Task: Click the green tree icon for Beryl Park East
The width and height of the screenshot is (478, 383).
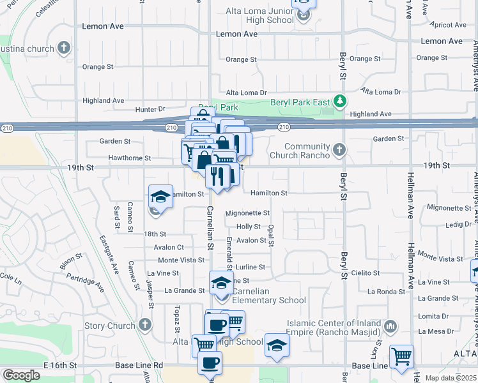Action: coord(341,101)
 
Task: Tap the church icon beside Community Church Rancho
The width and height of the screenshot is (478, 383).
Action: coord(339,151)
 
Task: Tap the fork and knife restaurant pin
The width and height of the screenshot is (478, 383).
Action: coord(217,176)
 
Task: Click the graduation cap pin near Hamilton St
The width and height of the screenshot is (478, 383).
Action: coord(161,197)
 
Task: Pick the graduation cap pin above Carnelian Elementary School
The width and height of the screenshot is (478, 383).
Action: coord(221,283)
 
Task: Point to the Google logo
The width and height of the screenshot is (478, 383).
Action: coord(21,375)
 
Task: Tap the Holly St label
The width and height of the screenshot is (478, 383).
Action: coord(249,227)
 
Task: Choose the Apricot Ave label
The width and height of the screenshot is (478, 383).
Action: coord(451,25)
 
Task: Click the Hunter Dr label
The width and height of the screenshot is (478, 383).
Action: coord(150,109)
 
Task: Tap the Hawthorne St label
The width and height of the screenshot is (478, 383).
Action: coord(129,158)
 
